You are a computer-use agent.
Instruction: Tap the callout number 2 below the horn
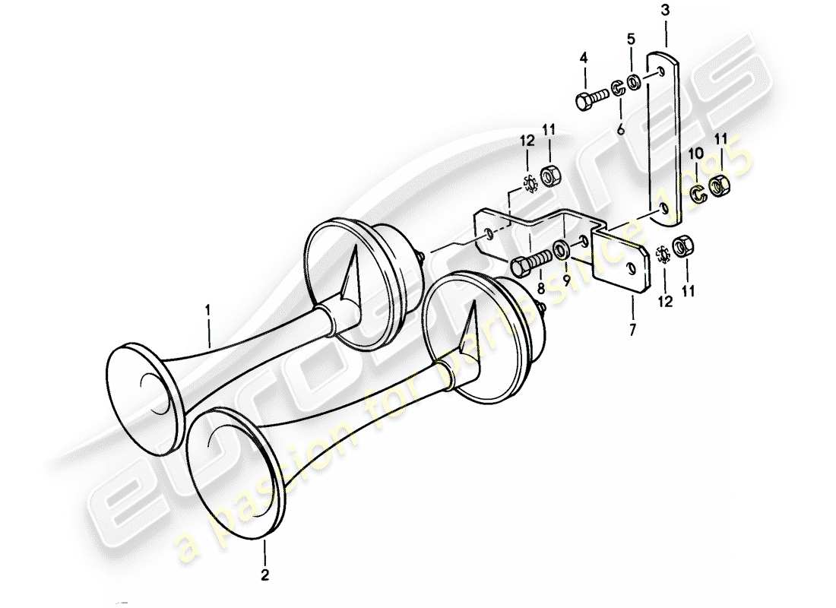pos(264,575)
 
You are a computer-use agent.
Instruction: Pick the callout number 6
pos(620,130)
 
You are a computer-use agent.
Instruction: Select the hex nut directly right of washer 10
pos(719,185)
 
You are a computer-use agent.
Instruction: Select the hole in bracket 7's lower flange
pos(631,268)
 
